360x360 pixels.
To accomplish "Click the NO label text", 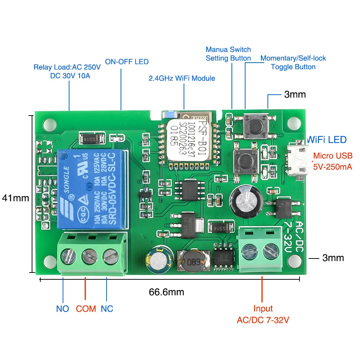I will [63, 309].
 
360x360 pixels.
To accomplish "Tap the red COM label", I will [86, 309].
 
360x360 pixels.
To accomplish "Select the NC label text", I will [107, 309].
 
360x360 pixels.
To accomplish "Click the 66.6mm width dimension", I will [166, 292].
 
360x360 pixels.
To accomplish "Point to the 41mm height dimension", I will [15, 198].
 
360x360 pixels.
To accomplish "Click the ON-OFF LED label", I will [127, 62].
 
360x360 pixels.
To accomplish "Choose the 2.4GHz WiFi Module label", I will [182, 78].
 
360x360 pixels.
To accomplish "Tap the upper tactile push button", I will [255, 124].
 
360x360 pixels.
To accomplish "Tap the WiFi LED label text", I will [327, 140].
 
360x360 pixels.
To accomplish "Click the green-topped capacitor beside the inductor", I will [156, 258].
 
